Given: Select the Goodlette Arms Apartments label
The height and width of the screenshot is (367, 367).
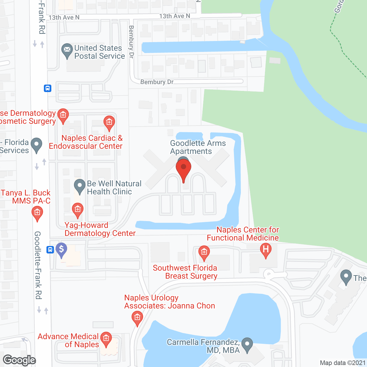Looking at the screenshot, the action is [198, 147].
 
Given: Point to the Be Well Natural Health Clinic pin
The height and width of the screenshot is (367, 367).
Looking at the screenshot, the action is [79, 186].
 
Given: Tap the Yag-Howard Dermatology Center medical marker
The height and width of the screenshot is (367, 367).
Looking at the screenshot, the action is [77, 210].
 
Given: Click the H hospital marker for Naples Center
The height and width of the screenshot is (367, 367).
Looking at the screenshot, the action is [266, 249].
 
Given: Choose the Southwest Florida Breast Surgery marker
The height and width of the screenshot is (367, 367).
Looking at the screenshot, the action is [204, 252].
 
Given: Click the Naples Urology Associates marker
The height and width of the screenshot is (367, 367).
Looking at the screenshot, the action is [137, 318].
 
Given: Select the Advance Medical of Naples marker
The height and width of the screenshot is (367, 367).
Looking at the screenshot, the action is [106, 339].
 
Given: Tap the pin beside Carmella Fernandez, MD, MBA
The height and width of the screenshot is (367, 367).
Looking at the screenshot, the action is [247, 344].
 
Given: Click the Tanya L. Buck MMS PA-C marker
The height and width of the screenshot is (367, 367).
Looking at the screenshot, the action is [37, 213].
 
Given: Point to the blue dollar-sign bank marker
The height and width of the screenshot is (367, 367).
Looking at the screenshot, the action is [61, 249].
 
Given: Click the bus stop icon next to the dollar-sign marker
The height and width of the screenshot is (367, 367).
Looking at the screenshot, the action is [50, 250].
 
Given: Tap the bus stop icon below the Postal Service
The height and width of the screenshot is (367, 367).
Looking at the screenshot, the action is [48, 88].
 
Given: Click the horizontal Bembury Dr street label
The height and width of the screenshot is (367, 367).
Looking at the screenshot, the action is [157, 82].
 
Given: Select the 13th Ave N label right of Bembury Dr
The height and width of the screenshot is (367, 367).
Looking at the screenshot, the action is [175, 16].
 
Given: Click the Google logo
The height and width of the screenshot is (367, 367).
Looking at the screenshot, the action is [19, 360].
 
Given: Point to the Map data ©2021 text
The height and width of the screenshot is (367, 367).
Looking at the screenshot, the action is [343, 363].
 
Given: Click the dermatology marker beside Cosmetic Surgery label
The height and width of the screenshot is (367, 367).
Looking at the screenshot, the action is [63, 115].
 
